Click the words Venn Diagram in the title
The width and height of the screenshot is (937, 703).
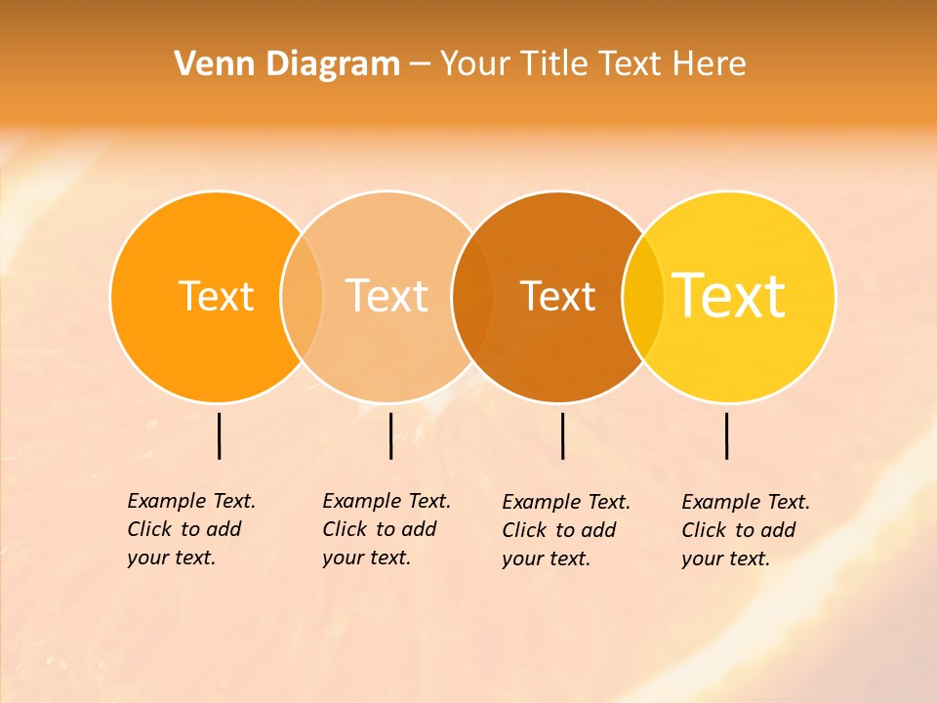click(287, 64)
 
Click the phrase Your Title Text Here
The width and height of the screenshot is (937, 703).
click(593, 64)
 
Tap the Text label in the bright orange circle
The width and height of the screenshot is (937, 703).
click(217, 296)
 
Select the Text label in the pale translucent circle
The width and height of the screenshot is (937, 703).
click(387, 296)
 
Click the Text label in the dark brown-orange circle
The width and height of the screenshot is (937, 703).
click(558, 296)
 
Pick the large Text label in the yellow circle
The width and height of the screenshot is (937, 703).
click(729, 296)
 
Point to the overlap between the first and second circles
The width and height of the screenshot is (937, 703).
click(302, 296)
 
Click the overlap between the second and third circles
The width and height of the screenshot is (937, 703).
click(472, 296)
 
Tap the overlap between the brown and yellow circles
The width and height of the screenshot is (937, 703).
click(643, 296)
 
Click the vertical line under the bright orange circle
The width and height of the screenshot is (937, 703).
click(219, 435)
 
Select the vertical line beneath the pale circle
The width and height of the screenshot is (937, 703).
click(390, 435)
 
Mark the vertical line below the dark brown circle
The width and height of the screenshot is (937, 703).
click(562, 435)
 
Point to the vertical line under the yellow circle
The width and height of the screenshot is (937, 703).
click(726, 435)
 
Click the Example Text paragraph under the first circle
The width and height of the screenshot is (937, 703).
click(191, 529)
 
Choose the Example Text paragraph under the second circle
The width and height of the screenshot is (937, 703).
click(387, 529)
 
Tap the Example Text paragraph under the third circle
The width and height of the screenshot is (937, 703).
click(566, 530)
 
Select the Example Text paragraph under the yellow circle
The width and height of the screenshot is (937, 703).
click(746, 530)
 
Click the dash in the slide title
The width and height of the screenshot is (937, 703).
click(420, 65)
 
